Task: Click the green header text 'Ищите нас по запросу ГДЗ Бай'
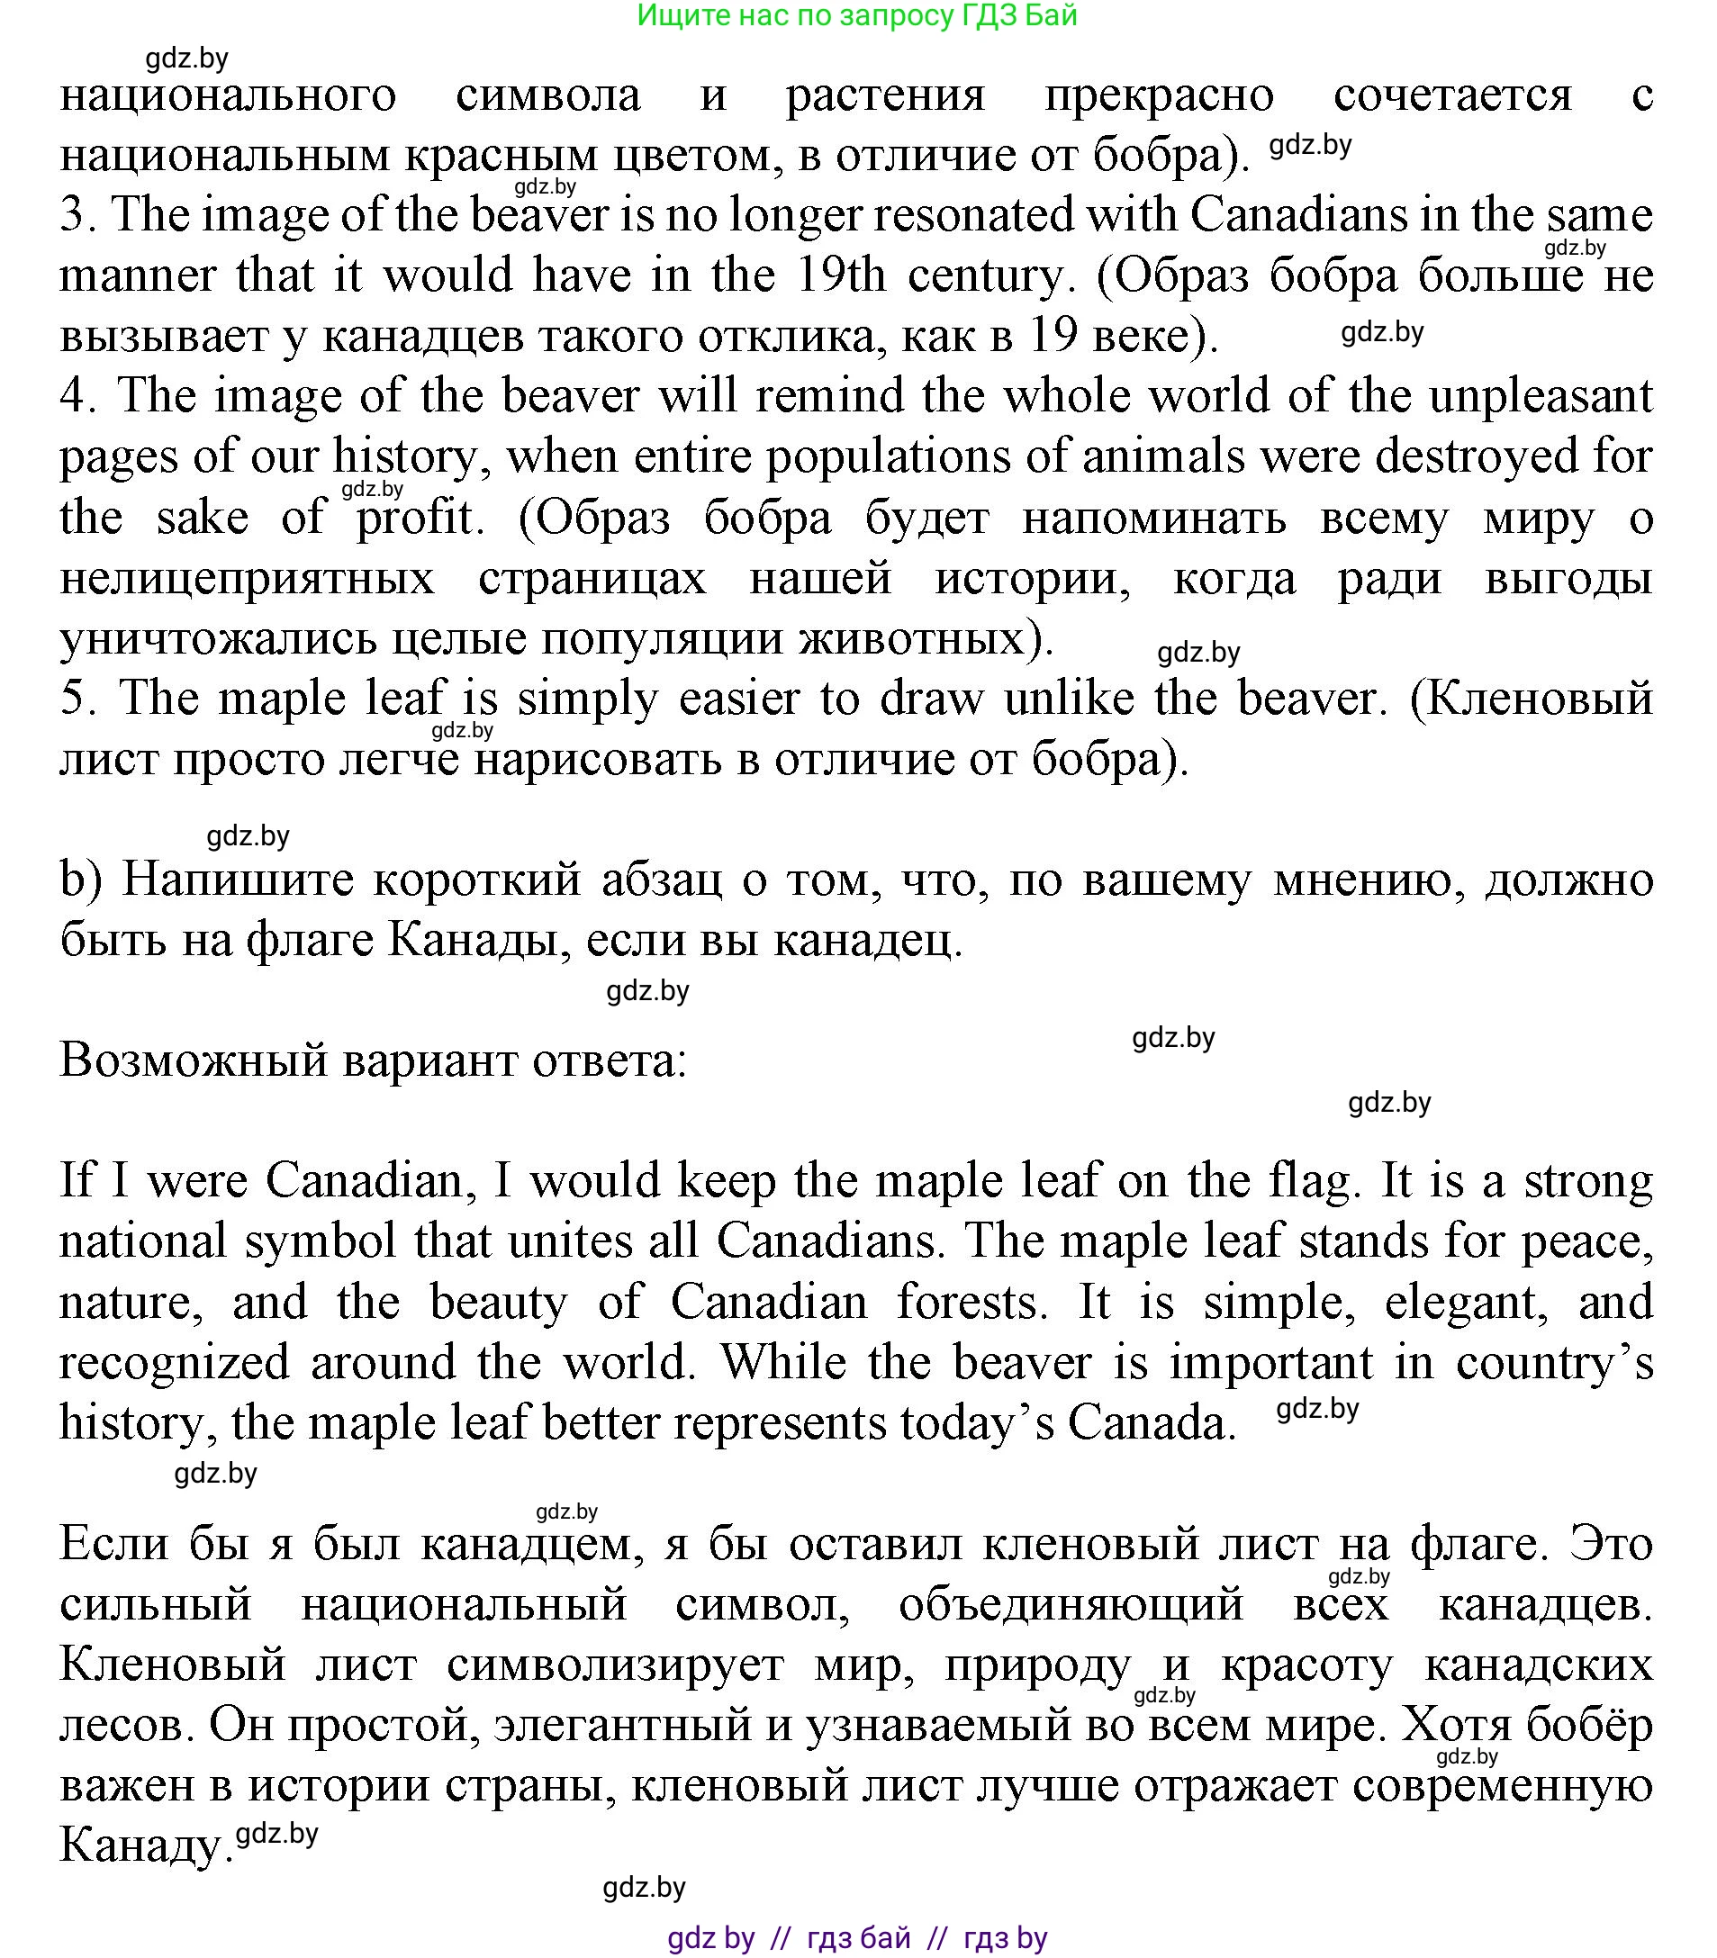pyautogui.click(x=856, y=15)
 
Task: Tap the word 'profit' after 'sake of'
pyautogui.click(x=416, y=518)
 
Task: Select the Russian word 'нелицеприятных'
pyautogui.click(x=248, y=579)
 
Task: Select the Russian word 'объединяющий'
pyautogui.click(x=1071, y=1604)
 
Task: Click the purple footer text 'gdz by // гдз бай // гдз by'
pyautogui.click(x=856, y=1938)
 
